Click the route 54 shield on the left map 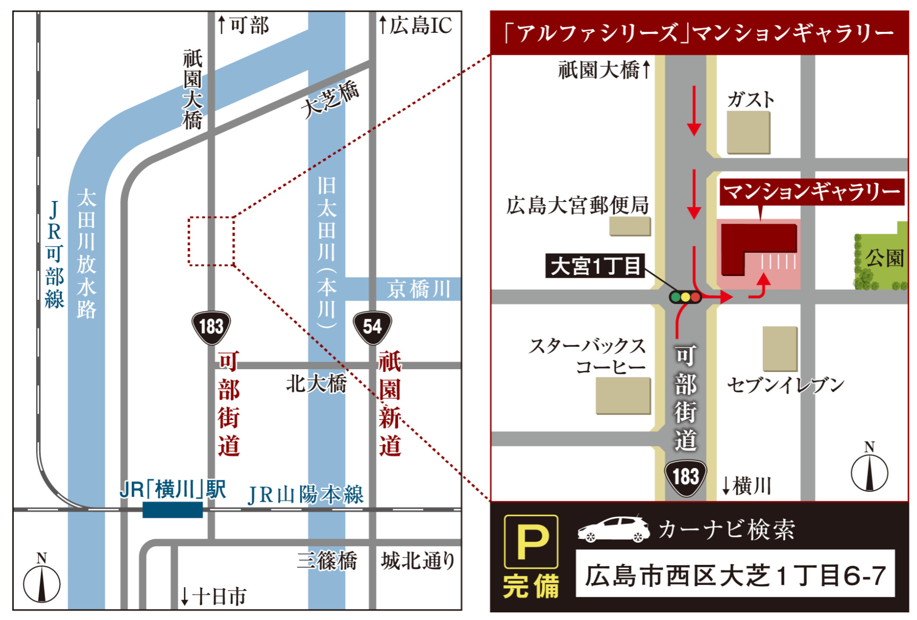(x=372, y=327)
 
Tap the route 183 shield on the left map (x=211, y=327)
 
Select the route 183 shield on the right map (x=685, y=477)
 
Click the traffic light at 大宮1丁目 (x=685, y=297)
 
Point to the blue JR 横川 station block (x=173, y=510)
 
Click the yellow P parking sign (x=531, y=542)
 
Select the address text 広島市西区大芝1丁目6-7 (x=735, y=574)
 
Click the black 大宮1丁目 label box (x=595, y=266)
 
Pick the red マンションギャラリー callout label (x=811, y=192)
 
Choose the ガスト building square (x=748, y=133)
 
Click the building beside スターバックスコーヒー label (x=623, y=395)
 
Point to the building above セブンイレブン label (x=780, y=349)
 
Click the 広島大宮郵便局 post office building (x=630, y=226)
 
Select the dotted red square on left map (x=211, y=241)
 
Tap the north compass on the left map (x=42, y=582)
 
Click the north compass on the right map (x=869, y=472)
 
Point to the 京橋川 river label (x=418, y=289)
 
